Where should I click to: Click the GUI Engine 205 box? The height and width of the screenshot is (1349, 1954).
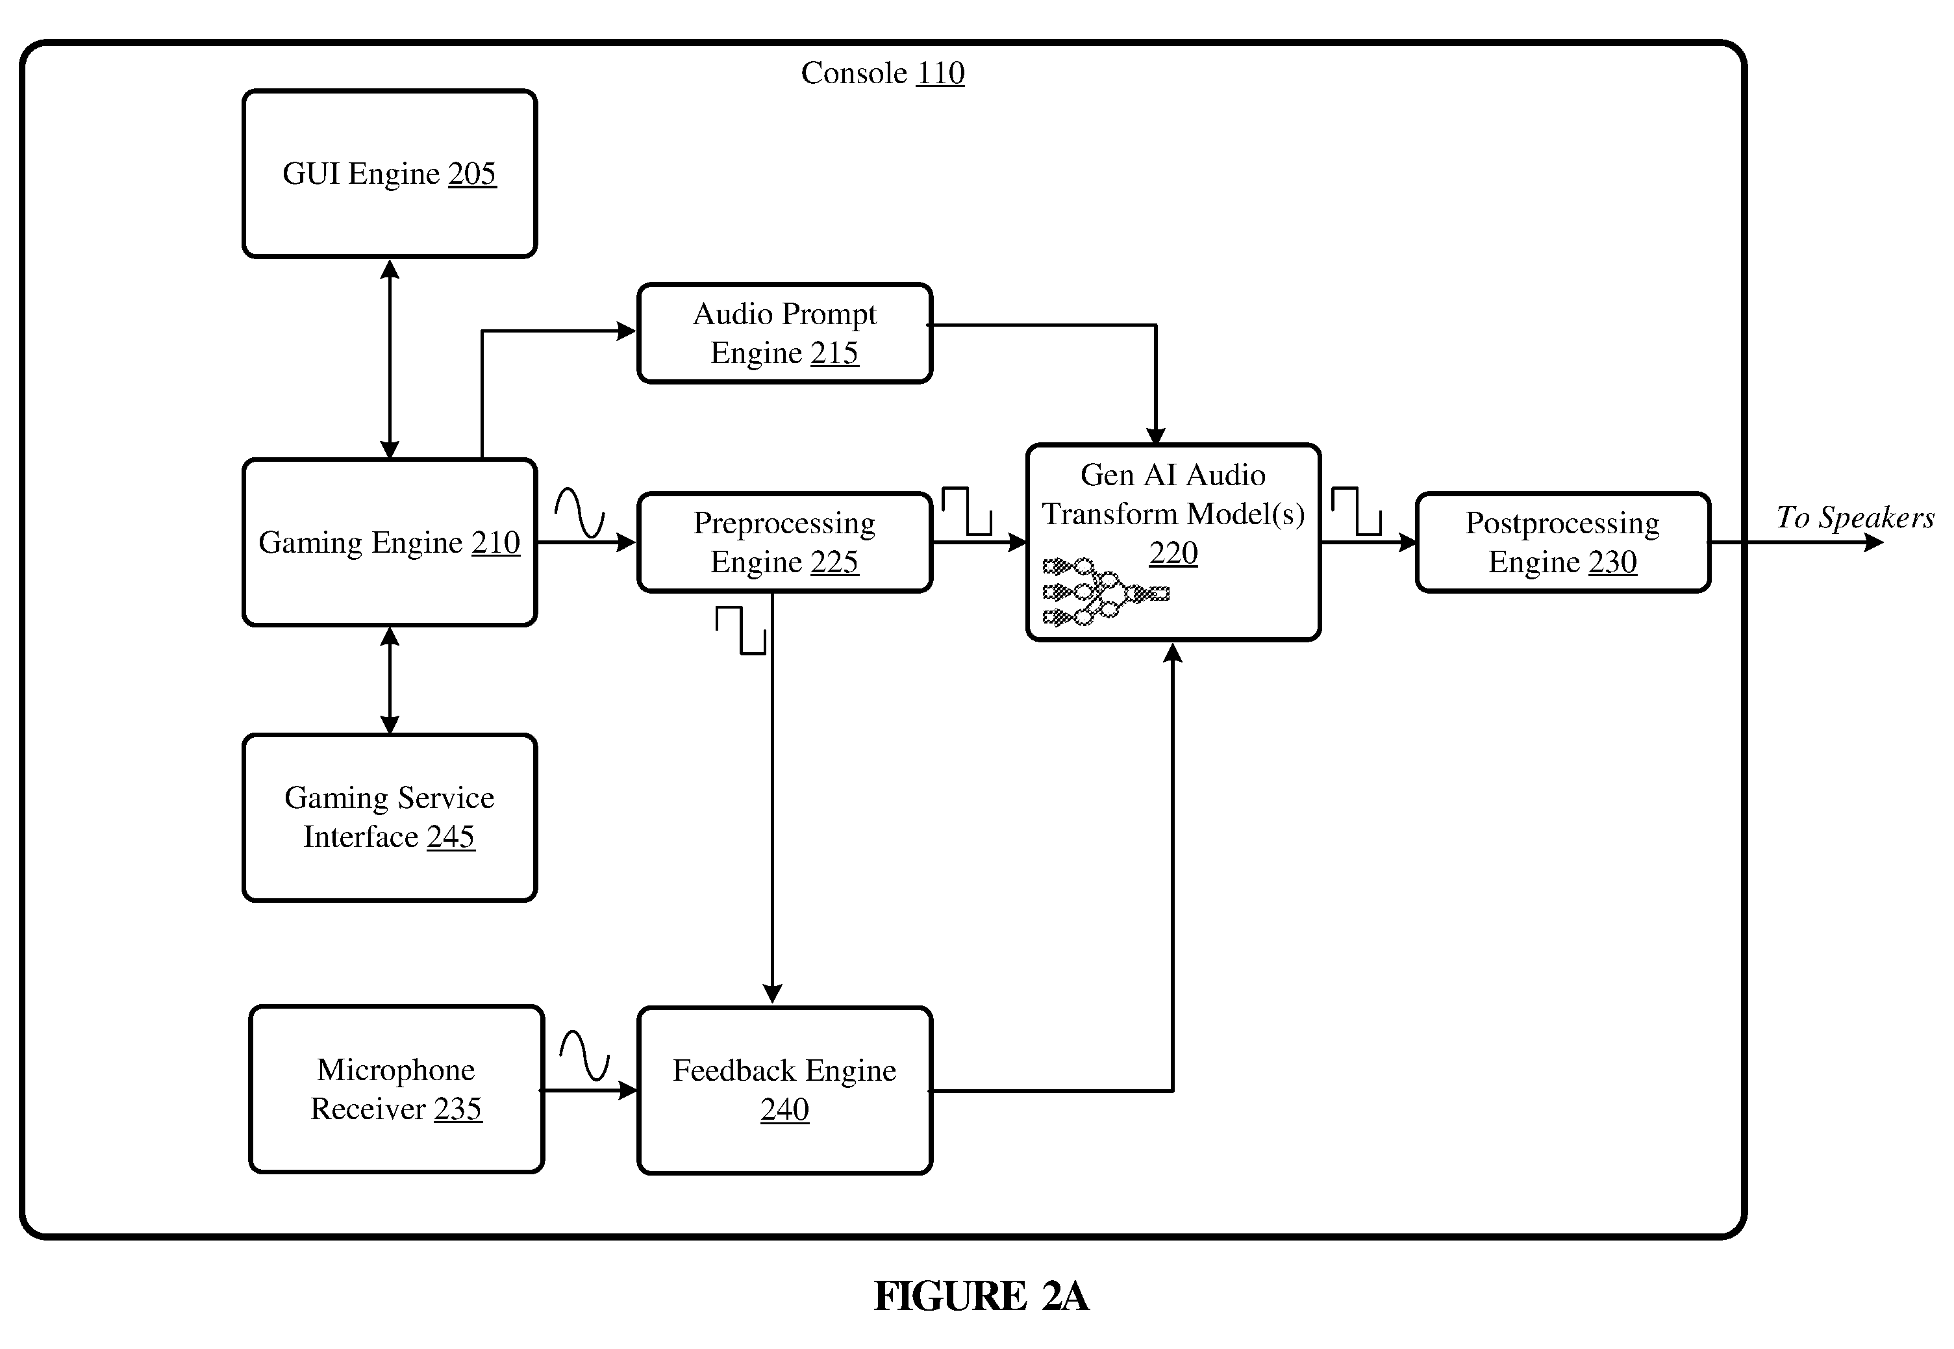point(390,173)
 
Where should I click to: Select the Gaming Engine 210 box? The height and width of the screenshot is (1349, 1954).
point(390,542)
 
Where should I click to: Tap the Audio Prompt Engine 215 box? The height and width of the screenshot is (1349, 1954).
point(784,333)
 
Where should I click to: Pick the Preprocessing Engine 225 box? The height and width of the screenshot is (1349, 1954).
point(784,542)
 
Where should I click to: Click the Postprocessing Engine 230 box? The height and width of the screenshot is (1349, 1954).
point(1562,542)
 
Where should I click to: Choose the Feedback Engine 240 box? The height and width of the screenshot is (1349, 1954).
point(784,1091)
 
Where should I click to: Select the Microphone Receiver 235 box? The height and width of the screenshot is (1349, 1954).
point(396,1089)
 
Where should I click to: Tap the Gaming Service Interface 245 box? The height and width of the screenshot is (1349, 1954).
point(390,817)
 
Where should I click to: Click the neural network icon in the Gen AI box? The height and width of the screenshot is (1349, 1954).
point(1105,592)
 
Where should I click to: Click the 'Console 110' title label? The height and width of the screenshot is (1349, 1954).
point(883,73)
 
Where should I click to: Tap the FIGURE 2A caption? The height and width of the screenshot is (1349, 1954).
point(981,1296)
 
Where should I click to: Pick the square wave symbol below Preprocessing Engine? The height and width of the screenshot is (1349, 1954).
point(741,631)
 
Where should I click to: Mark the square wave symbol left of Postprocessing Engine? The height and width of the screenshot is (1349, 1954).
point(1357,511)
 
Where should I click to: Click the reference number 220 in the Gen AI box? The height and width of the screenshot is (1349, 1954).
point(1173,553)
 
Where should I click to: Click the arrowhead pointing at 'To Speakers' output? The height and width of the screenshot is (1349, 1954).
point(1873,542)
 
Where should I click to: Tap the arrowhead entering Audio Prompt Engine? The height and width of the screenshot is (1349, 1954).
point(626,331)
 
